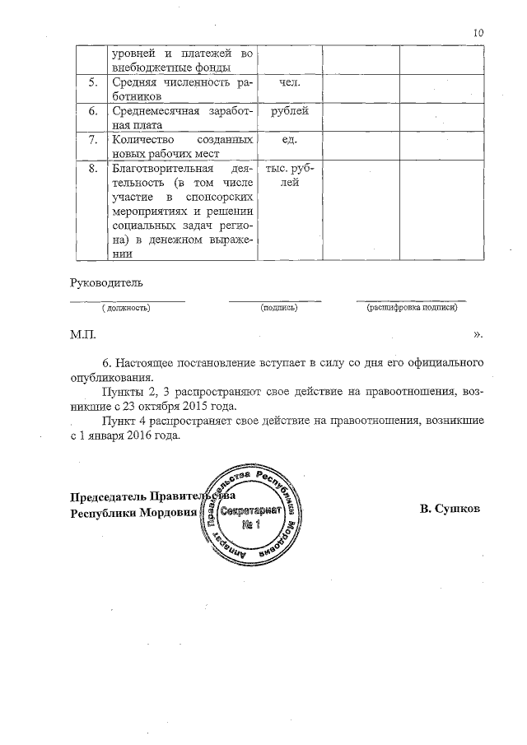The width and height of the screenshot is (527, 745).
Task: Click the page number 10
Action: [x=478, y=32]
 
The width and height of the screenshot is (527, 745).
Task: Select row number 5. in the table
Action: [x=93, y=83]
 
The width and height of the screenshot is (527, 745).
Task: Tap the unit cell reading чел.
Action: [x=289, y=83]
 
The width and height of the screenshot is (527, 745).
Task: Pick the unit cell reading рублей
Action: [x=289, y=111]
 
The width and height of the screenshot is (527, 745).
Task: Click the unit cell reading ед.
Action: [x=289, y=139]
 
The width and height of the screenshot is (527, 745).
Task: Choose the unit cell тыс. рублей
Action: [x=289, y=175]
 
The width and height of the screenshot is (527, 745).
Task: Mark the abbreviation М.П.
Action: [x=83, y=336]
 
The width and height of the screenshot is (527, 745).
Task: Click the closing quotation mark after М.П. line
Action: [x=478, y=336]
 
